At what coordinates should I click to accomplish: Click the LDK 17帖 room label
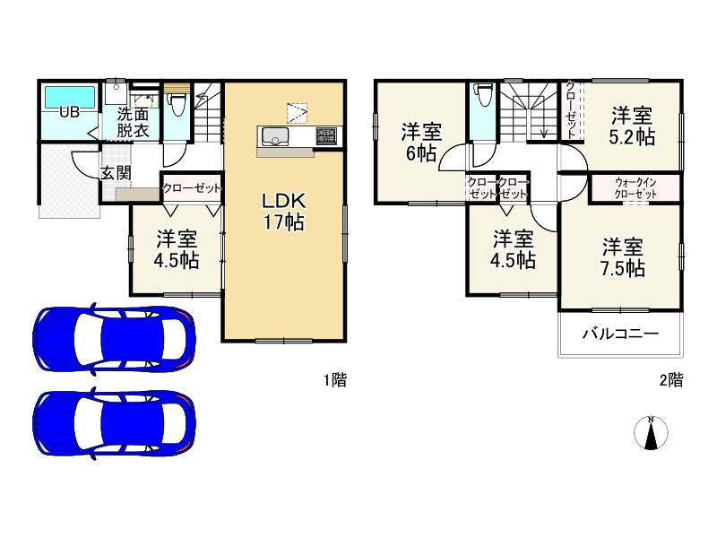coord(283,212)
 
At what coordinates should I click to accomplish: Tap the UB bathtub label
coord(69,111)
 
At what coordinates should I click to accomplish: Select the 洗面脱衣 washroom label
coord(133,122)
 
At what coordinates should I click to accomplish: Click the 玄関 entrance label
coord(117,173)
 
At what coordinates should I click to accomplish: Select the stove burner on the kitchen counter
coord(326,136)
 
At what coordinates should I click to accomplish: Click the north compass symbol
coord(651,432)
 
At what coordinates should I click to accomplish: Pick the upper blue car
coord(115,338)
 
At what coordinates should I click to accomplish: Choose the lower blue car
coord(115,422)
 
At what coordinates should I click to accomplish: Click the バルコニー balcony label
coord(620,334)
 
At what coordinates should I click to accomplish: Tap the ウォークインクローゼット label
coord(635,188)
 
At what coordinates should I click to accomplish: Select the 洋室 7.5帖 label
coord(622,257)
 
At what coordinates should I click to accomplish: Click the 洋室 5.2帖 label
coord(632,126)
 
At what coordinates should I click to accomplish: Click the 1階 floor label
coord(335,379)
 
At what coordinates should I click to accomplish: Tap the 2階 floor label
coord(671,379)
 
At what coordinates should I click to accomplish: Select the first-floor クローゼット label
coord(192,188)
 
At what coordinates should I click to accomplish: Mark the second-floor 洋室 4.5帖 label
coord(513,250)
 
